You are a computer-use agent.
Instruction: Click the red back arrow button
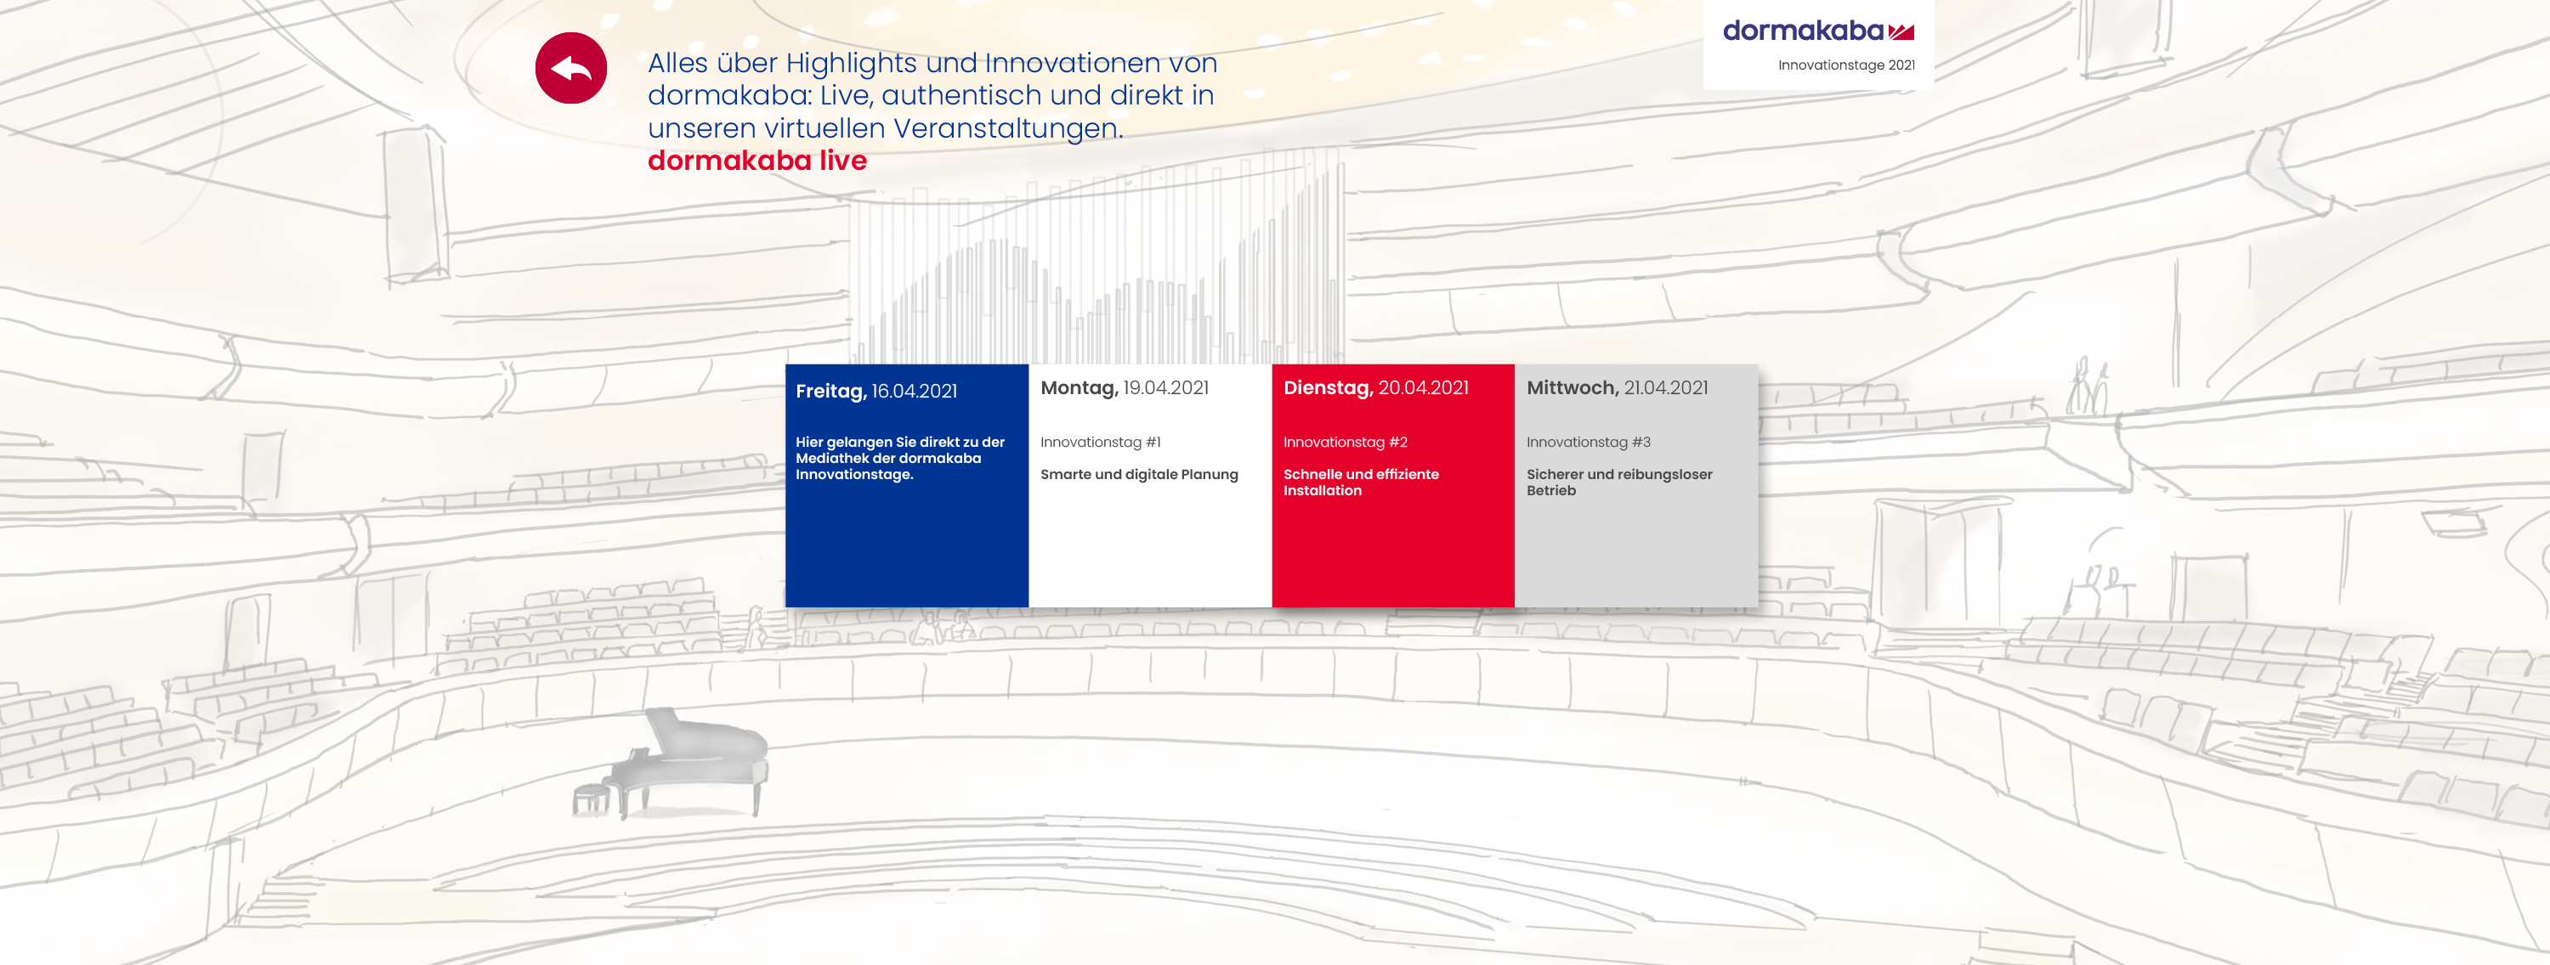571,68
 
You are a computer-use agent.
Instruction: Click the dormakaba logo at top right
1818,31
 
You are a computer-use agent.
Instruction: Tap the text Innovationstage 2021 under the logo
1846,65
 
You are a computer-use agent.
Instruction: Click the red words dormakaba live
757,161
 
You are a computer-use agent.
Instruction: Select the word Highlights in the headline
852,64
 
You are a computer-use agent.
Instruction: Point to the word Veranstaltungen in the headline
1009,128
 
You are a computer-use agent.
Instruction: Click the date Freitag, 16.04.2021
876,391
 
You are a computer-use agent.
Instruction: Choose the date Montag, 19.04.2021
1125,388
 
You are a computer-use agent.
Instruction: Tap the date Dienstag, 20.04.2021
1376,388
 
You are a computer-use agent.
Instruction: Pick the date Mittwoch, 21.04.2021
1618,388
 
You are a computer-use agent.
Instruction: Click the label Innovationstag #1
1100,443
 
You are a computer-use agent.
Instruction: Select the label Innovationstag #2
1346,443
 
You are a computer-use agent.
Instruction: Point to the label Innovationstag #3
1588,443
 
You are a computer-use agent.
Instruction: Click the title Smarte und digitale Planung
1139,474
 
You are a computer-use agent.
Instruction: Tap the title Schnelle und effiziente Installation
1361,482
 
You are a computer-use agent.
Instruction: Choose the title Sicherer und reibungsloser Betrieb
1619,482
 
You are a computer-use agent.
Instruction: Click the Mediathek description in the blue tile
900,458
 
